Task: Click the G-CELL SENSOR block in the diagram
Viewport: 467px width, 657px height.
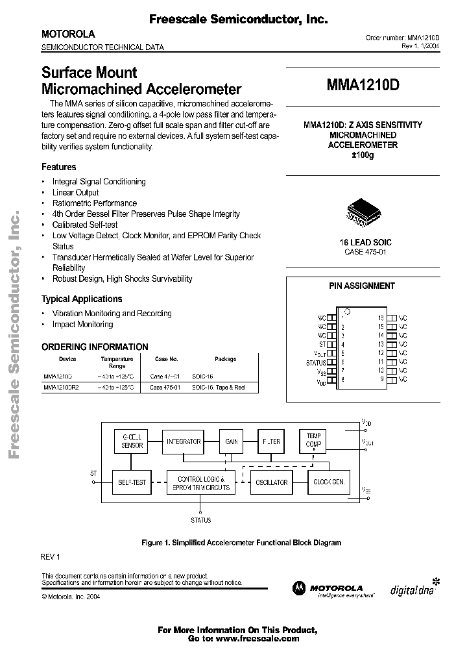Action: [132, 441]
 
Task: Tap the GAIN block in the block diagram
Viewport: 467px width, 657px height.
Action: [231, 441]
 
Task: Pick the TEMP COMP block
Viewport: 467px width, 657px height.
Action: [314, 441]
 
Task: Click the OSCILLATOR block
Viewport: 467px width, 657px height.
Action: [271, 482]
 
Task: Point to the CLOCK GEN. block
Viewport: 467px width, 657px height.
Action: [328, 482]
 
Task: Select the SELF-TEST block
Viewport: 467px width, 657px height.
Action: [132, 482]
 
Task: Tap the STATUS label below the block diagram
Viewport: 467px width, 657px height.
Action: [200, 520]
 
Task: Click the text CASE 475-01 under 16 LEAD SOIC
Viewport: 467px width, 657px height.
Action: [365, 251]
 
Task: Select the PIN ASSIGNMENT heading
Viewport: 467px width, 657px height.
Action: [366, 286]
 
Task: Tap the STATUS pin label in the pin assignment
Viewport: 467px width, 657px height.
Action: [316, 363]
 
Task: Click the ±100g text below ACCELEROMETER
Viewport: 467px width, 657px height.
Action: [363, 156]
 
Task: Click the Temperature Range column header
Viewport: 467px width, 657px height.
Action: [117, 362]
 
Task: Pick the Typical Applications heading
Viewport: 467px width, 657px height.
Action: [82, 299]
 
